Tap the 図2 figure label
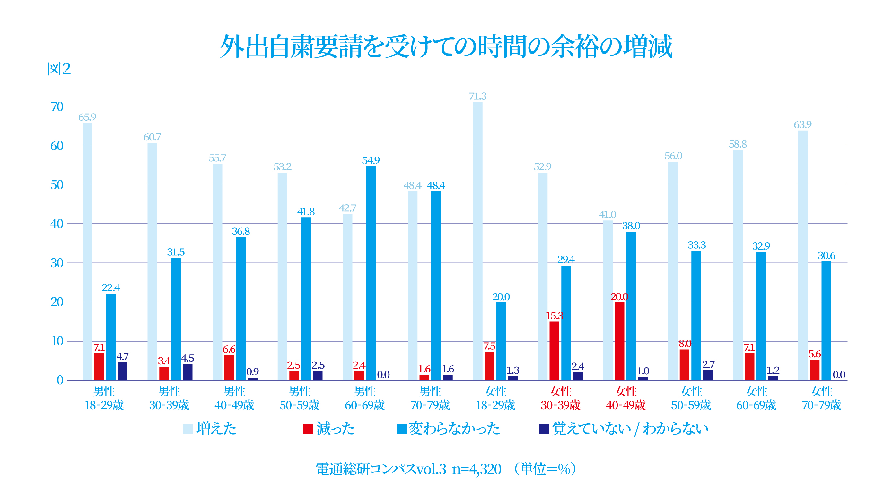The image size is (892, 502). pos(58,69)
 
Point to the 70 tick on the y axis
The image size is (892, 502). pos(57,106)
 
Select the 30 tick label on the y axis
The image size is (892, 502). pos(57,263)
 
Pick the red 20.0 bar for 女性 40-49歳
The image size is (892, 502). pos(619,341)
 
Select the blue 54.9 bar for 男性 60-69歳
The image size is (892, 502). pos(371,273)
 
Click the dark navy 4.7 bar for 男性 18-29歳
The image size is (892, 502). pos(122,371)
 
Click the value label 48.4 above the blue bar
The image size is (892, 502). pos(436,185)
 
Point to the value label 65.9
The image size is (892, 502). pos(87,117)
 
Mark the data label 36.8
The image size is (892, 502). pos(240,232)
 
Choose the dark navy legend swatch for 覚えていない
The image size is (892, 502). pos(544,429)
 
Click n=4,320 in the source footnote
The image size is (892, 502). pos(477,470)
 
